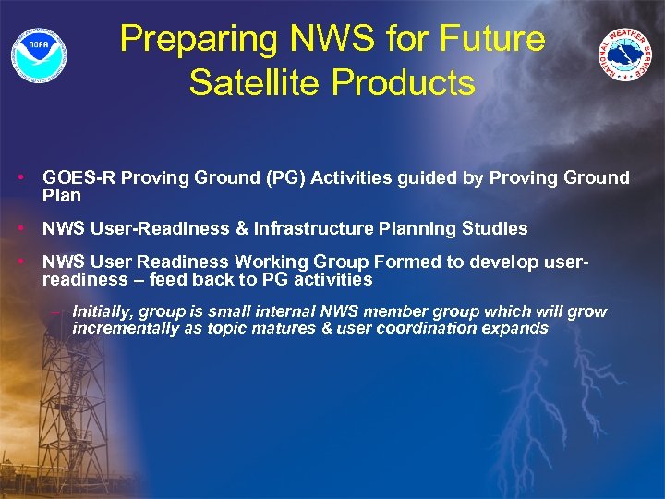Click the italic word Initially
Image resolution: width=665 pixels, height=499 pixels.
pos(102,311)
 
